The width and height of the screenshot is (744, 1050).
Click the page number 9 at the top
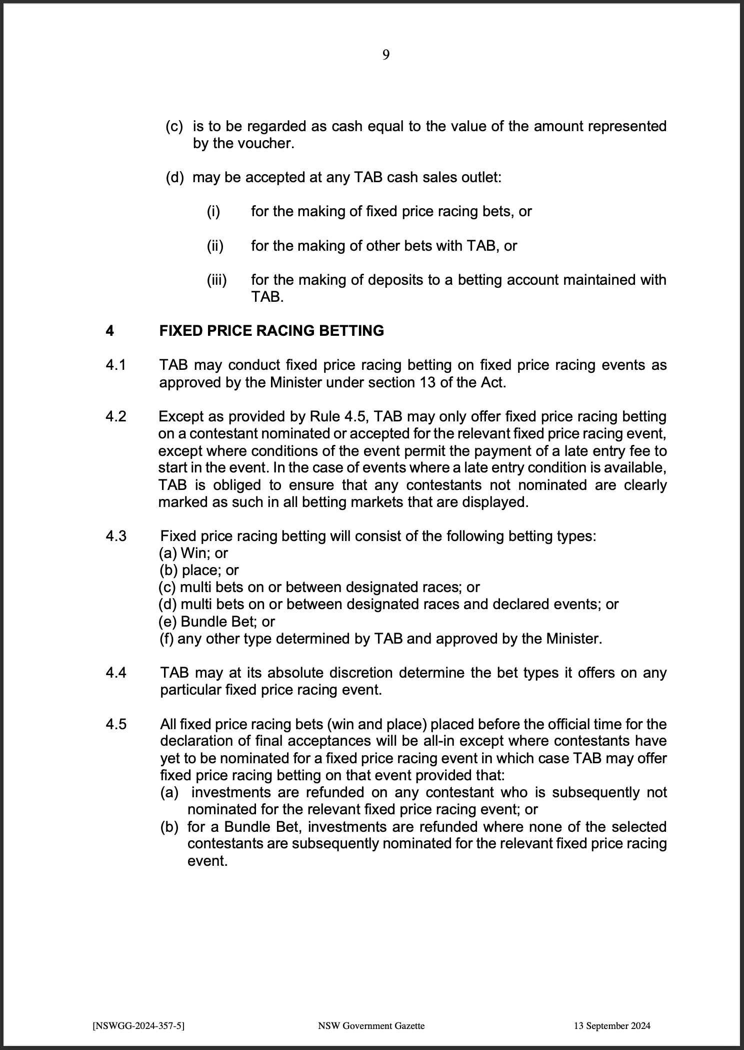[x=386, y=55]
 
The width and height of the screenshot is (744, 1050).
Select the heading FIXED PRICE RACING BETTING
[x=271, y=331]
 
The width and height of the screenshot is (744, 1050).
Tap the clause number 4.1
[x=116, y=365]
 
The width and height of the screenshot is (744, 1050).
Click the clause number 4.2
[x=116, y=417]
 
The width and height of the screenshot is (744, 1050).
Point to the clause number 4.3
[x=116, y=537]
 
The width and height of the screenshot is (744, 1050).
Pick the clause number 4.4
[x=116, y=673]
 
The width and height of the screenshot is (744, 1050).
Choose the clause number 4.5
[x=116, y=724]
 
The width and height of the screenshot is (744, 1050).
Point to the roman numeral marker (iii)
[x=217, y=280]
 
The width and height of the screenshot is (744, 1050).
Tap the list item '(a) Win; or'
[x=194, y=553]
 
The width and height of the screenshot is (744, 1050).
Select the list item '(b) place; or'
[x=199, y=570]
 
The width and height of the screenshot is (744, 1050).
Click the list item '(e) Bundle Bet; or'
[x=217, y=622]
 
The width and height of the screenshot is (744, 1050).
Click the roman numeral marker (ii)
[x=215, y=246]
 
